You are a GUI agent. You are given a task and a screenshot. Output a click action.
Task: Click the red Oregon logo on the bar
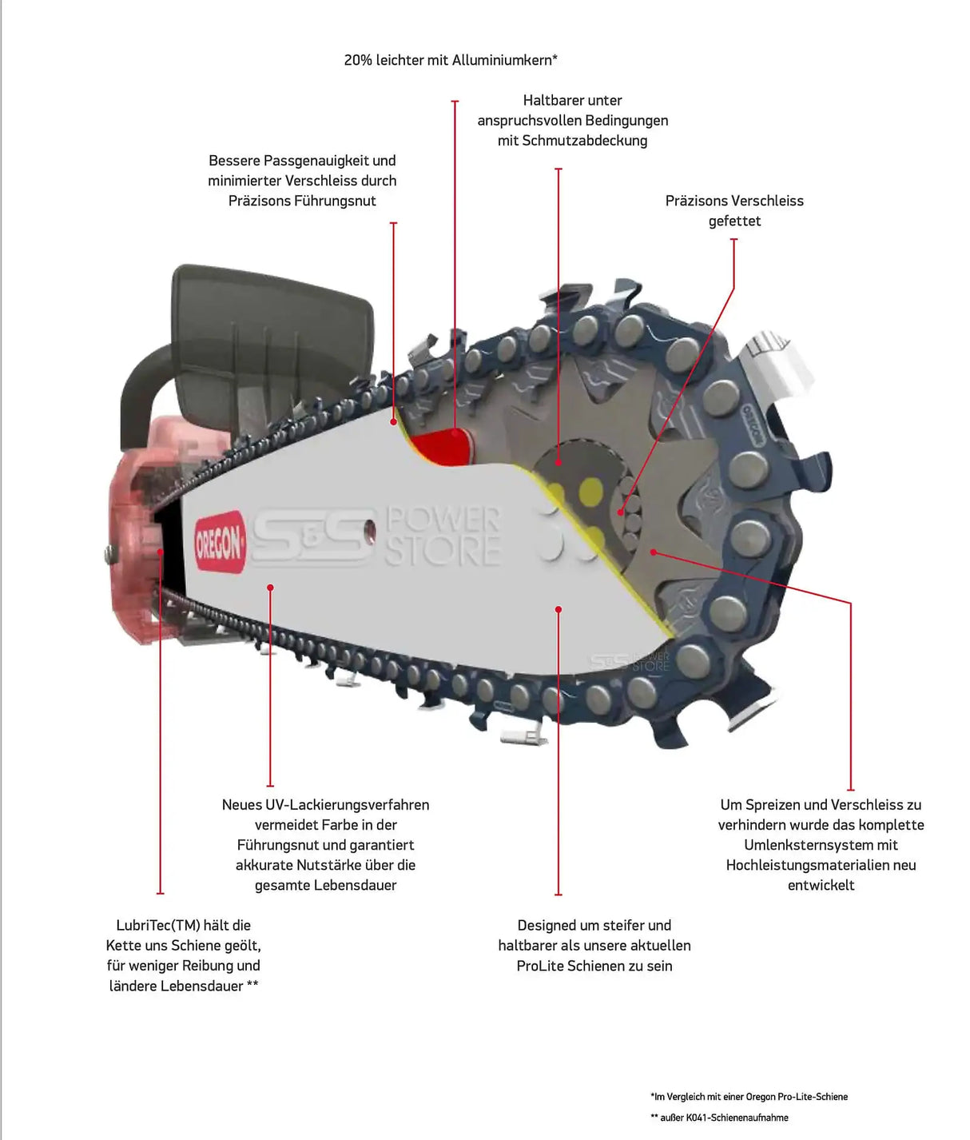tap(220, 541)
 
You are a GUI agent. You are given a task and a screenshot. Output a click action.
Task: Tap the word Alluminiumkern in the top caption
tap(503, 60)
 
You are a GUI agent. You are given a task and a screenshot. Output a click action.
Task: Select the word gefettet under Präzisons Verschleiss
tap(734, 221)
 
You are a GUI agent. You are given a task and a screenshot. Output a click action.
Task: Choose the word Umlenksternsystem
tap(821, 845)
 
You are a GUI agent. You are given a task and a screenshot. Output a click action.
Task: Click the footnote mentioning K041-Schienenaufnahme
tap(719, 1118)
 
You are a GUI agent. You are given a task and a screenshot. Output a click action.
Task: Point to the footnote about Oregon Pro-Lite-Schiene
tap(749, 1097)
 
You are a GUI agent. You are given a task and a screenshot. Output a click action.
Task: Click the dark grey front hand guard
tap(272, 336)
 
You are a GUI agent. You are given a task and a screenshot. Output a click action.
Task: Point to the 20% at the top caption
tap(358, 60)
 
